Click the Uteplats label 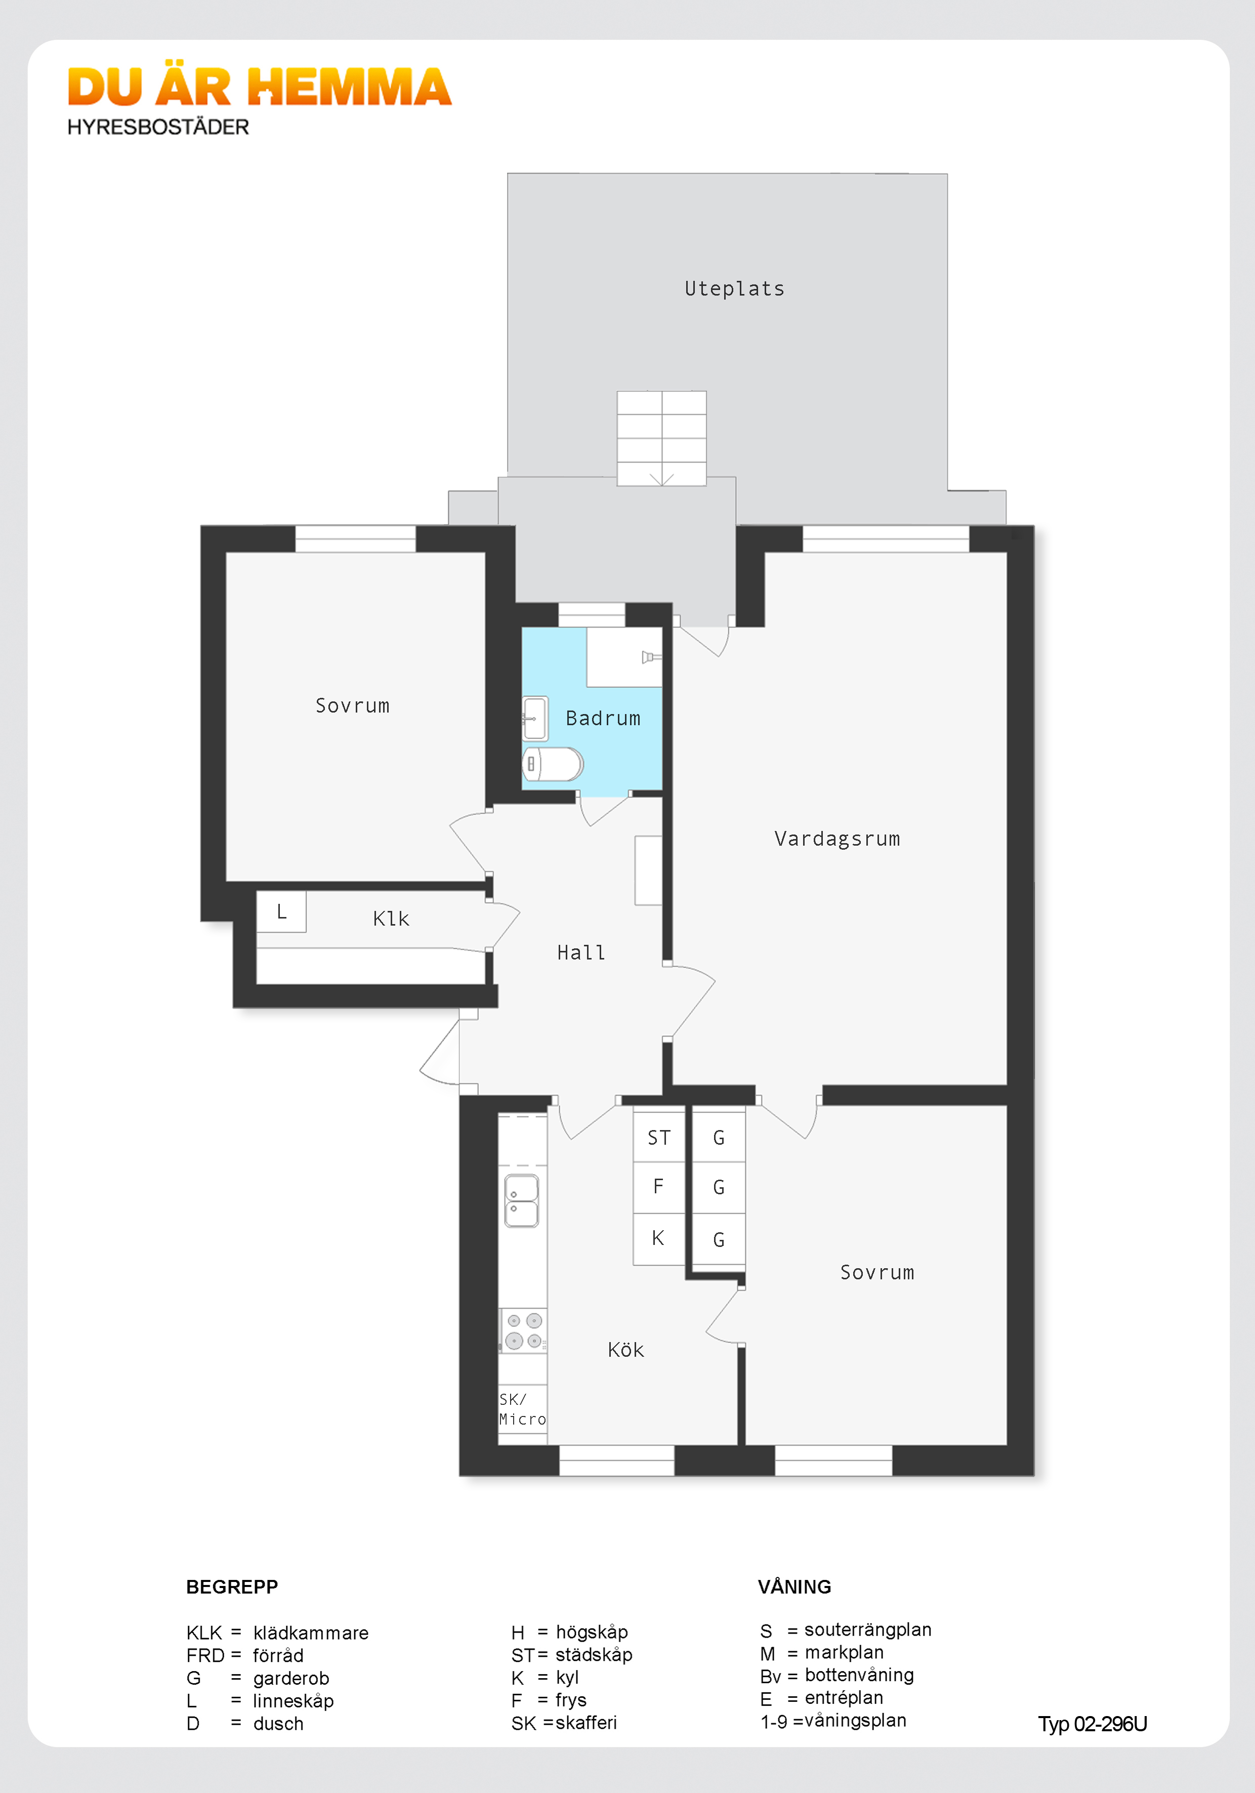pyautogui.click(x=734, y=289)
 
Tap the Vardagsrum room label pyautogui.click(x=836, y=839)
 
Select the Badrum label pyautogui.click(x=602, y=719)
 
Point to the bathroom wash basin pyautogui.click(x=535, y=718)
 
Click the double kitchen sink pyautogui.click(x=522, y=1201)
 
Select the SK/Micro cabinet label pyautogui.click(x=522, y=1409)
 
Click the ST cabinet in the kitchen pyautogui.click(x=658, y=1138)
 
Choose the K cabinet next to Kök pyautogui.click(x=658, y=1238)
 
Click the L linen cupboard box pyautogui.click(x=281, y=911)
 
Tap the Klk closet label pyautogui.click(x=391, y=919)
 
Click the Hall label pyautogui.click(x=581, y=953)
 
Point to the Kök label pyautogui.click(x=625, y=1350)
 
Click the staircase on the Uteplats pyautogui.click(x=661, y=438)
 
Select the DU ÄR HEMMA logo pyautogui.click(x=259, y=88)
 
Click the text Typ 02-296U pyautogui.click(x=1092, y=1724)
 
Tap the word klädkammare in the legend pyautogui.click(x=311, y=1633)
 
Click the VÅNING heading pyautogui.click(x=794, y=1587)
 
